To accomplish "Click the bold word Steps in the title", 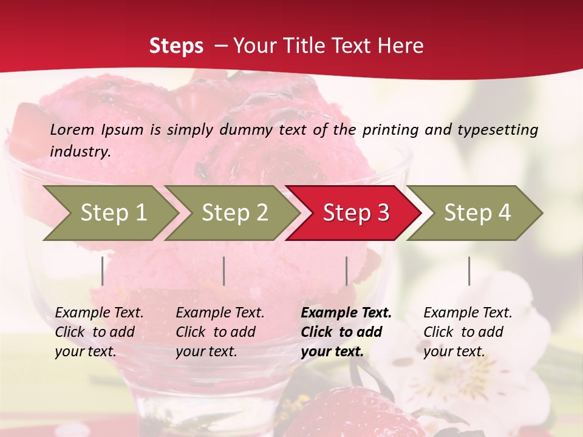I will [x=176, y=46].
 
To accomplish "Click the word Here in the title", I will [x=400, y=46].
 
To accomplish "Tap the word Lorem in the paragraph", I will [x=72, y=129].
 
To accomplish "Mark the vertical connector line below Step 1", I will [x=103, y=271].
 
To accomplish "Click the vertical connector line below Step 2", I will [x=224, y=271].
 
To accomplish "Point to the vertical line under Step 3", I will [x=346, y=271].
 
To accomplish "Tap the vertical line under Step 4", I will [x=469, y=271].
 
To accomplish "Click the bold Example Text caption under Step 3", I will [x=346, y=331].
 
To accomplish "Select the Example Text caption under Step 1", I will [x=99, y=331].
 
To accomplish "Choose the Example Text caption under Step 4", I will [x=468, y=331].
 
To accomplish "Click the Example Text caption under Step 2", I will [x=220, y=331].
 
